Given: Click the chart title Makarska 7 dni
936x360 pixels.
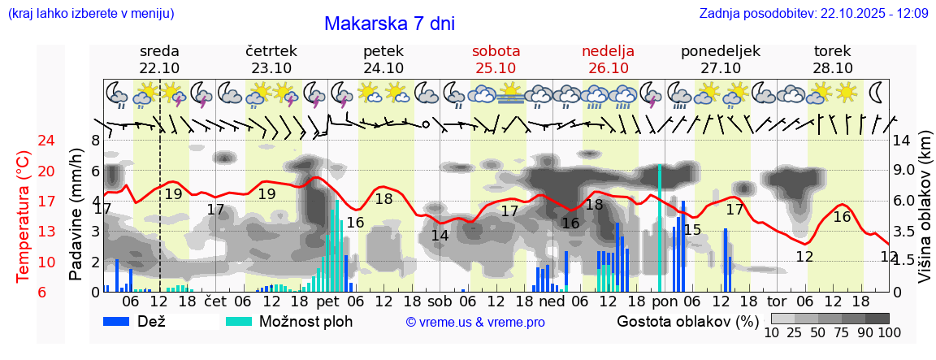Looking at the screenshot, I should click(389, 24).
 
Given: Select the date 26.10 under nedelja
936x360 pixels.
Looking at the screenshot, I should click(609, 68).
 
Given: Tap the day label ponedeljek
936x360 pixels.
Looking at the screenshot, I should click(720, 50).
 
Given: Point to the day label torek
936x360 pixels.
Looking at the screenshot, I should click(833, 50).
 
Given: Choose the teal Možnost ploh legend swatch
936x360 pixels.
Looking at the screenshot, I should click(239, 321).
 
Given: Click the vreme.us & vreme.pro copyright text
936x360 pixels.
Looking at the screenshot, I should click(475, 322).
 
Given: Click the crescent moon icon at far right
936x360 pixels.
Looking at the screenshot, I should click(877, 91).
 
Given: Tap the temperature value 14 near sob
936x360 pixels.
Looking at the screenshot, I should click(440, 236).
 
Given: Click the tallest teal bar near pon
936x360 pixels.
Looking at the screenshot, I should click(659, 228).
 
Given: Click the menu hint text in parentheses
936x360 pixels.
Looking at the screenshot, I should click(90, 14).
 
